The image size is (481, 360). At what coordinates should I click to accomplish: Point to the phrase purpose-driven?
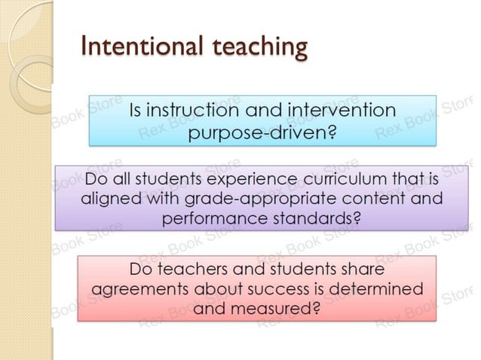tap(262, 134)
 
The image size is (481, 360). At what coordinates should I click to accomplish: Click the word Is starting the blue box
tap(136, 111)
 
